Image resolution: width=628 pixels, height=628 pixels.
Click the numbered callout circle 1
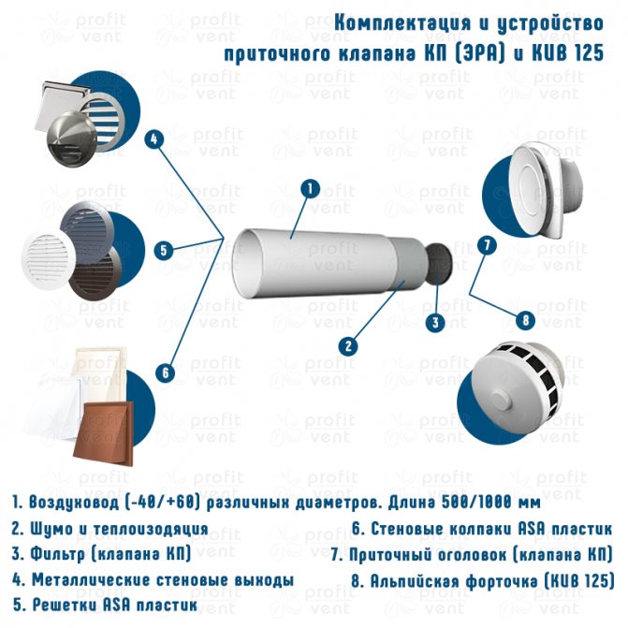tap(311, 189)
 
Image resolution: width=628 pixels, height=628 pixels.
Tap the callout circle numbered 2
tap(348, 345)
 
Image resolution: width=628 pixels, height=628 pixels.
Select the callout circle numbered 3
tap(436, 322)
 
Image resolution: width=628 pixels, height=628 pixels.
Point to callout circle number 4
tap(154, 139)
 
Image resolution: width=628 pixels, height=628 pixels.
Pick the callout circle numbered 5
tap(164, 250)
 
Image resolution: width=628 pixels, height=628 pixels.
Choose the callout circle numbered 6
tap(166, 373)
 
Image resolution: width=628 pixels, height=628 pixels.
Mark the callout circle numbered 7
tap(487, 245)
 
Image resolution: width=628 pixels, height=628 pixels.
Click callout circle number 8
tap(525, 320)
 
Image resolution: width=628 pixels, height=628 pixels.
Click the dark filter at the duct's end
tap(439, 264)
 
